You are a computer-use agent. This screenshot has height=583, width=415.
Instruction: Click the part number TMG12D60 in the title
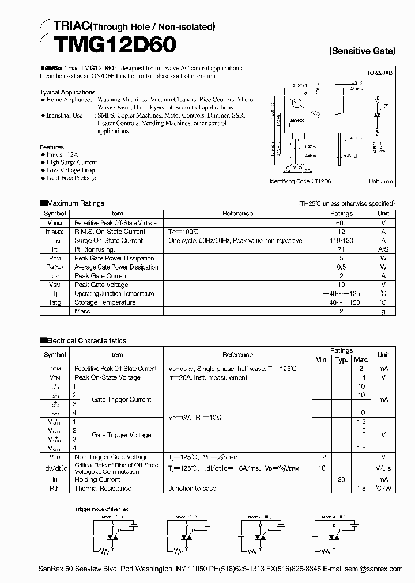pyautogui.click(x=107, y=44)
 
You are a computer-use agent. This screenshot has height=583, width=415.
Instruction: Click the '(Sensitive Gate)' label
pyautogui.click(x=362, y=51)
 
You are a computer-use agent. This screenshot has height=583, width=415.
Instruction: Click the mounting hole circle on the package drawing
pyautogui.click(x=298, y=104)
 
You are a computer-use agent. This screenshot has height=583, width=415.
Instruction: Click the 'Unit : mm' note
pyautogui.click(x=381, y=181)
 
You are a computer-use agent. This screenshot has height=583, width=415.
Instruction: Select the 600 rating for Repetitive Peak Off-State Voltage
pyautogui.click(x=341, y=223)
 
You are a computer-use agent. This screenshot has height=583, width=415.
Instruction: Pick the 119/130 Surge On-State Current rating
pyautogui.click(x=341, y=241)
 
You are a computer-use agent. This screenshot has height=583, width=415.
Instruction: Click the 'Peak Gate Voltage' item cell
pyautogui.click(x=101, y=285)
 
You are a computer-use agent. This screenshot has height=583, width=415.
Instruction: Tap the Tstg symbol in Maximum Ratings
pyautogui.click(x=55, y=302)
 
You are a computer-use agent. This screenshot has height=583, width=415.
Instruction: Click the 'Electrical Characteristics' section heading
pyautogui.click(x=86, y=341)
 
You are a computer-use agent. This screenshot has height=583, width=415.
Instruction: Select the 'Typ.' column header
pyautogui.click(x=341, y=359)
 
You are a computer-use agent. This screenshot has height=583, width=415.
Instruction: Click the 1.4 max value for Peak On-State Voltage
pyautogui.click(x=361, y=377)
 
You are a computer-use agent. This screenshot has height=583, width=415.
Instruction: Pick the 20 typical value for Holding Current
pyautogui.click(x=341, y=479)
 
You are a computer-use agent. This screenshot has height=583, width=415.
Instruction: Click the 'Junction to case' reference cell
pyautogui.click(x=193, y=489)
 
